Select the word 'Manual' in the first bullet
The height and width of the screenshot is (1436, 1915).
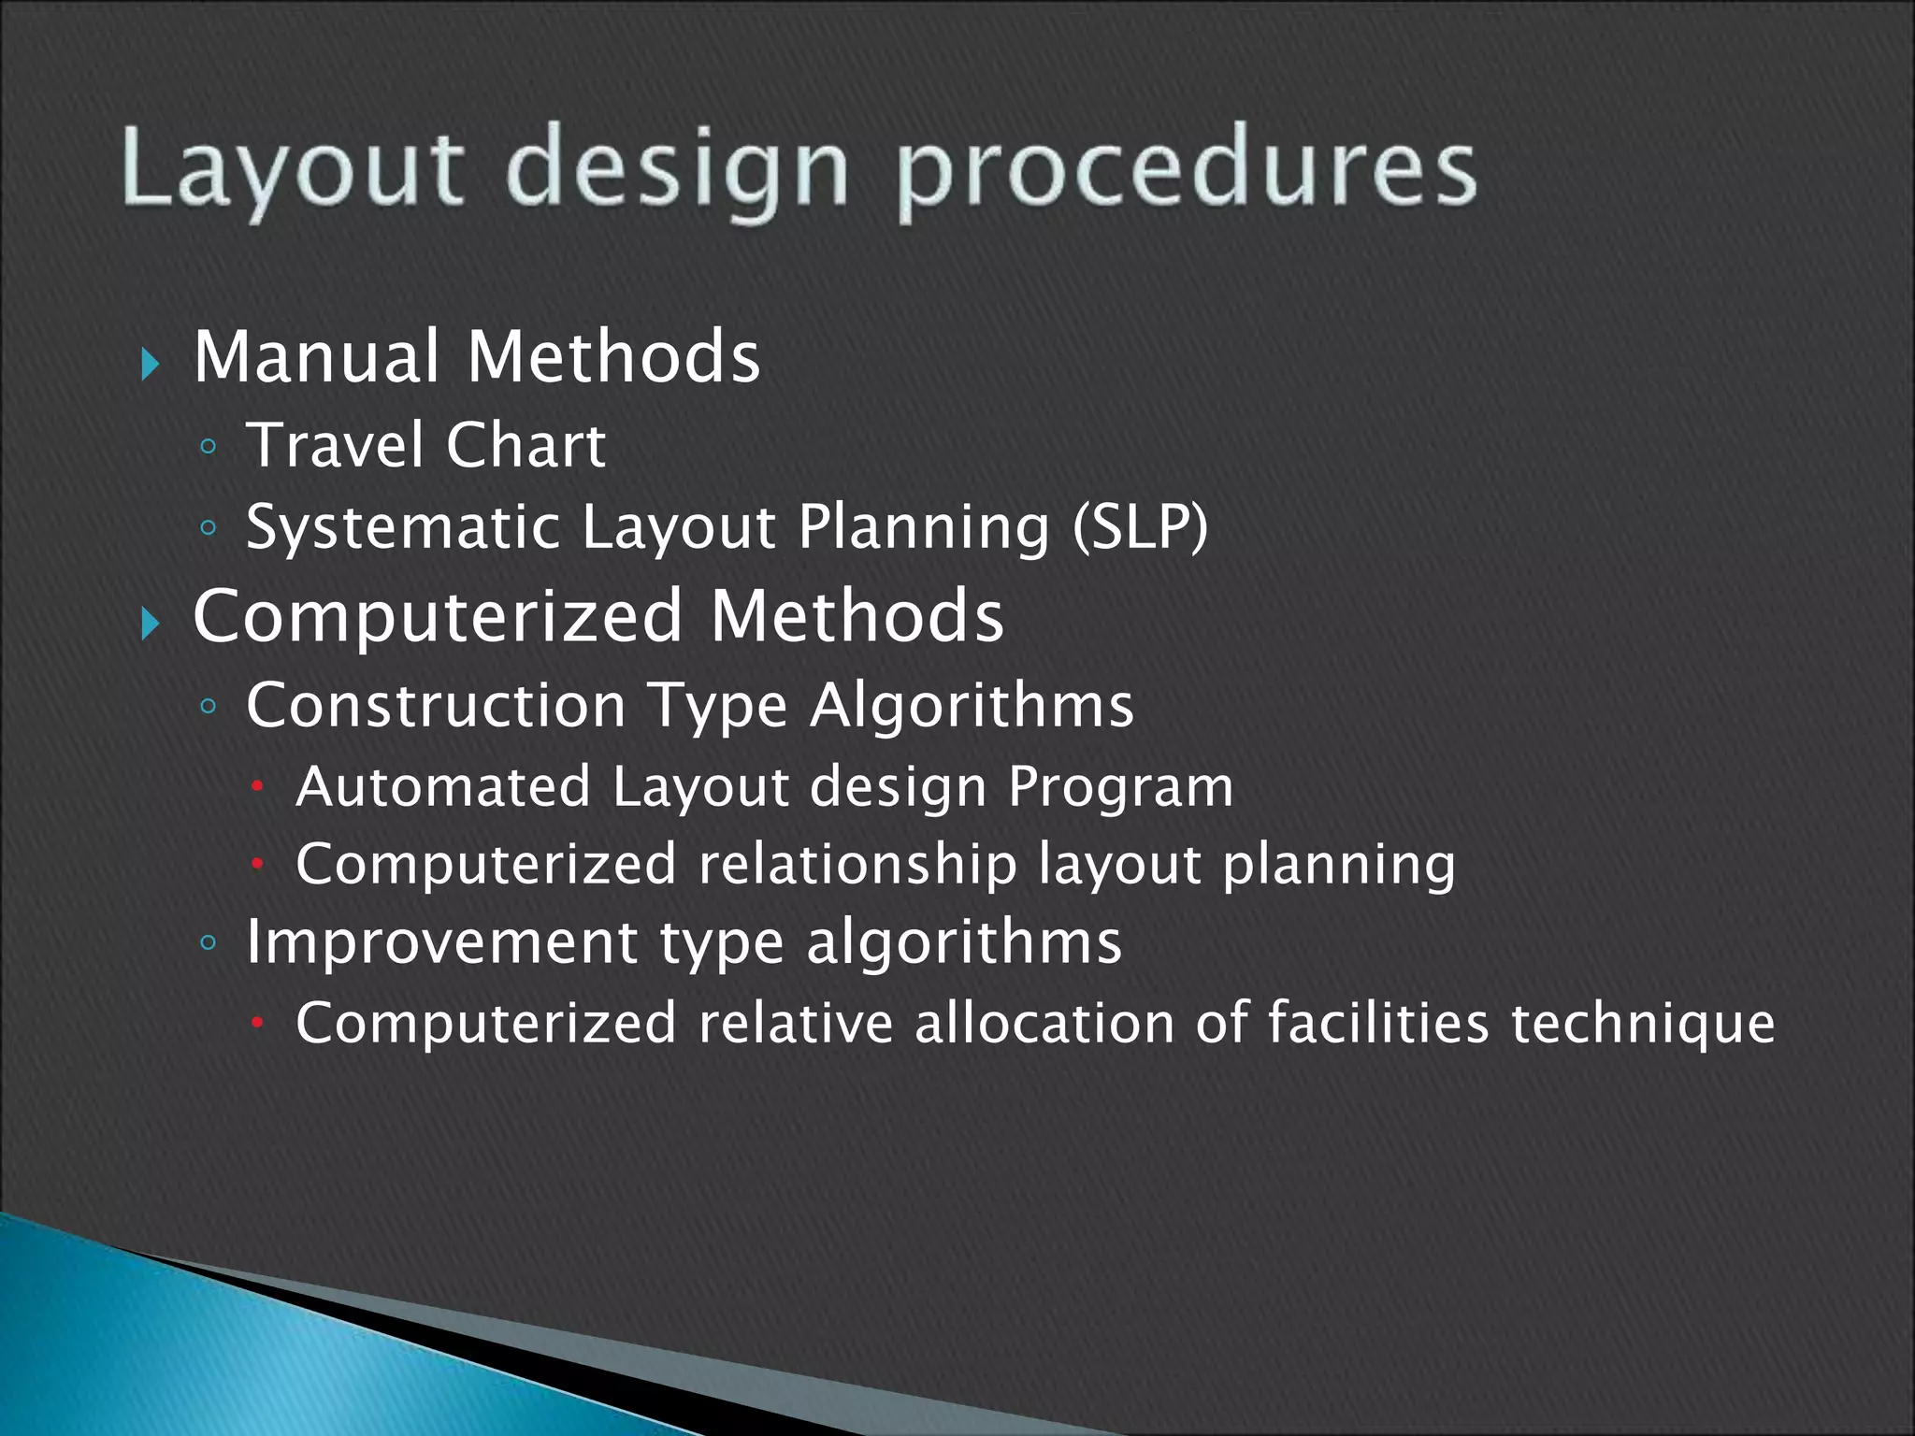(316, 357)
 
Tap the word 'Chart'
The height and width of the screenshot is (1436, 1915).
(526, 445)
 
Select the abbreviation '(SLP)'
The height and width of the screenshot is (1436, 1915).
(1140, 527)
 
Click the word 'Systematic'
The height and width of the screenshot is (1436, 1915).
(403, 527)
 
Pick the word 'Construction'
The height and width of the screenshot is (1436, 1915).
(435, 705)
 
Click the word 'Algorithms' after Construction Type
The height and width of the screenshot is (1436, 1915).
(972, 705)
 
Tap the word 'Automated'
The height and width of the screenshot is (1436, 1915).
(443, 786)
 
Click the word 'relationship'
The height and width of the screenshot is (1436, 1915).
(857, 865)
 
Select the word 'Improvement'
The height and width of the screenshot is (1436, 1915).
(441, 942)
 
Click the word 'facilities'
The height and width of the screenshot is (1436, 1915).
(1378, 1022)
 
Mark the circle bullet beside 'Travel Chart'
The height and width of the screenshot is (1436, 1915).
(208, 448)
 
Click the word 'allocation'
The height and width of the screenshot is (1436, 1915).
(1044, 1022)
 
